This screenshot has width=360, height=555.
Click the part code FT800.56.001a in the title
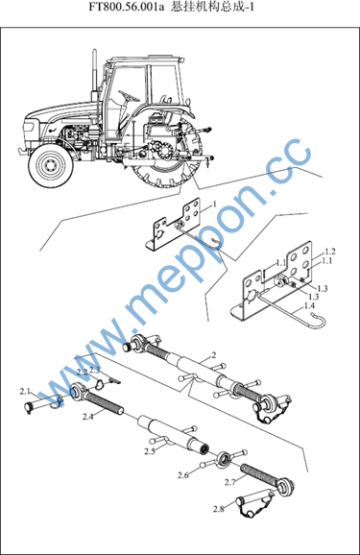(127, 7)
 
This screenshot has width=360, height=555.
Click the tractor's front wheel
(51, 166)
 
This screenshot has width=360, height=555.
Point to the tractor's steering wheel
(129, 96)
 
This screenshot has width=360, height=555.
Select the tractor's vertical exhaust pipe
(94, 75)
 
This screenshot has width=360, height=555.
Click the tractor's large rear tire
(166, 156)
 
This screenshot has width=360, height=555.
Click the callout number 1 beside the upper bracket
(214, 205)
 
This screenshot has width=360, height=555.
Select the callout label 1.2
(330, 252)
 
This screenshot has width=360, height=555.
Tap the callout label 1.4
(309, 305)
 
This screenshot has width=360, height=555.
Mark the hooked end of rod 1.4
(320, 321)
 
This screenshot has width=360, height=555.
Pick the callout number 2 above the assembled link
(213, 354)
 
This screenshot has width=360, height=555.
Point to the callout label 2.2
(83, 372)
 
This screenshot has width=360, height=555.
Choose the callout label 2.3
(94, 371)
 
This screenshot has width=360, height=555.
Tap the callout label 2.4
(88, 417)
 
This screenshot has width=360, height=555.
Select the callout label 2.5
(150, 451)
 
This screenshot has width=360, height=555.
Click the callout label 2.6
(183, 475)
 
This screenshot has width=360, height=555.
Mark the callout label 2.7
(230, 482)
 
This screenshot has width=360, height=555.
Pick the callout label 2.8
(219, 509)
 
